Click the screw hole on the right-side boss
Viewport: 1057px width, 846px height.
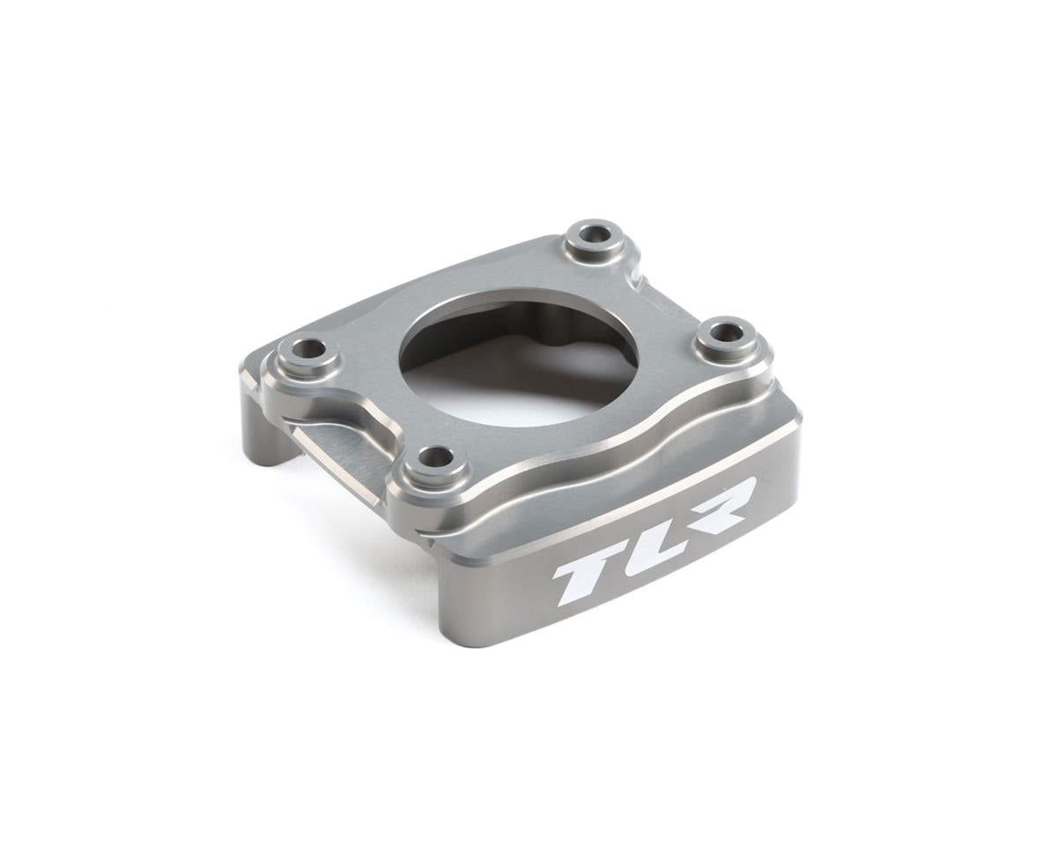coord(726,333)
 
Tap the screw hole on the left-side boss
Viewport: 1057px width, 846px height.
coord(307,349)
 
